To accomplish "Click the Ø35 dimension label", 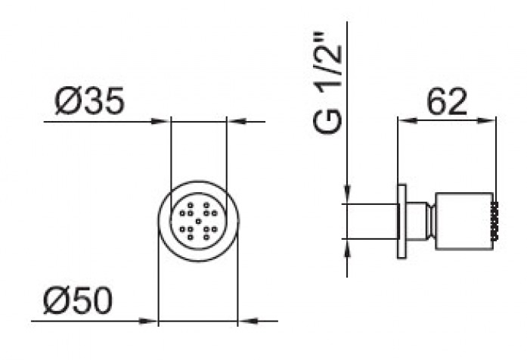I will (x=88, y=102).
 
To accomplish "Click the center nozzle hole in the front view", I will (x=198, y=221).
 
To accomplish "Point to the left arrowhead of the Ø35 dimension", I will (x=164, y=121).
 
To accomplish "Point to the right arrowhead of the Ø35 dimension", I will (x=234, y=121).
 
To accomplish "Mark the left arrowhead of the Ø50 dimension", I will (x=150, y=321).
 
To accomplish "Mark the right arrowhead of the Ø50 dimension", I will (x=245, y=321).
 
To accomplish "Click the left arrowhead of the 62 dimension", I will (x=405, y=119).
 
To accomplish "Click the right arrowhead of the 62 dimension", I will (x=490, y=119).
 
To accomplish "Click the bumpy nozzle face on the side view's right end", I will (x=494, y=221).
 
